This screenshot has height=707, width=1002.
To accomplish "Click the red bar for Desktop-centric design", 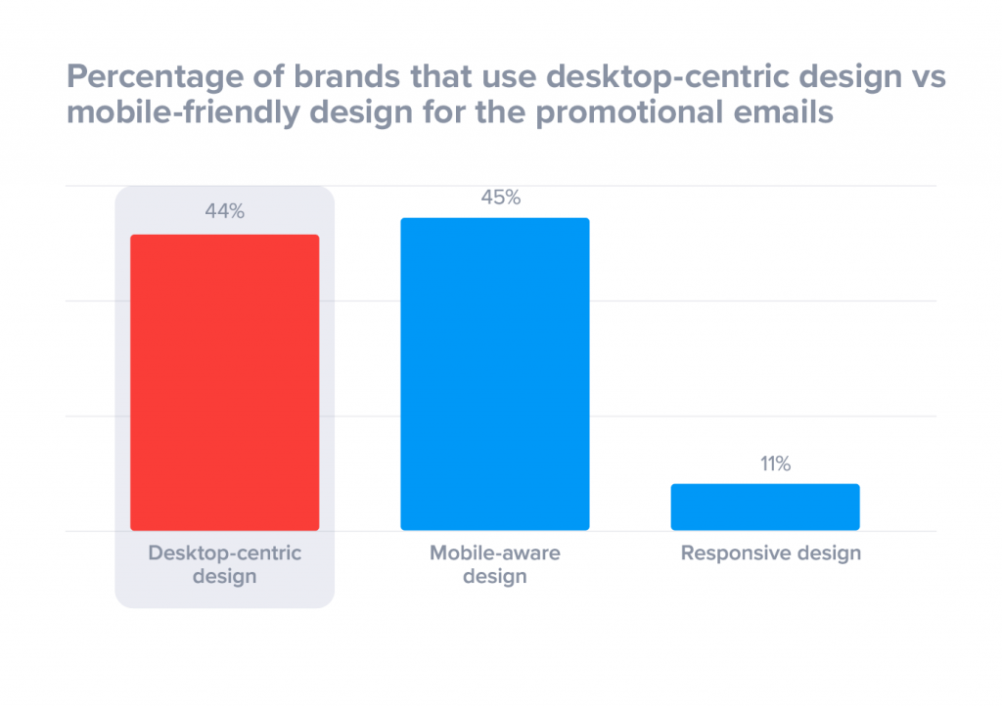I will tap(224, 382).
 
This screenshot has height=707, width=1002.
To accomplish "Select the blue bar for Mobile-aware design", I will tap(494, 374).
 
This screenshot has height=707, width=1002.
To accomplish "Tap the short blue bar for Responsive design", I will tap(764, 507).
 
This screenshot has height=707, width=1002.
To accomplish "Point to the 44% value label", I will tap(224, 211).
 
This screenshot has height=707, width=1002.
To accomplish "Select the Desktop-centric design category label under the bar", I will tap(224, 564).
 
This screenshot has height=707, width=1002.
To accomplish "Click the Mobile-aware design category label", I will tap(494, 564).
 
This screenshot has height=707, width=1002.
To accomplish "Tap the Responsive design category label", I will tap(770, 553).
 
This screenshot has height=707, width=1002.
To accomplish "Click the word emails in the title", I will tap(784, 113).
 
